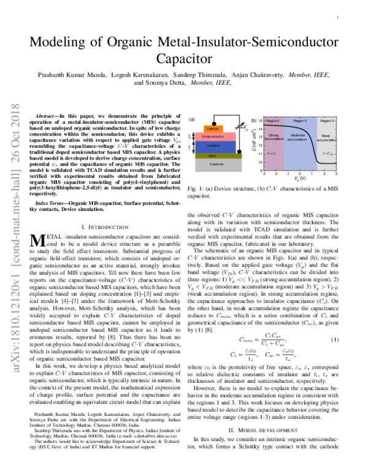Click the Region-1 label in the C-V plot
[x=274, y=121]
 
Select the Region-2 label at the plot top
[x=300, y=121]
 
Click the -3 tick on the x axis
[x=265, y=174]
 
